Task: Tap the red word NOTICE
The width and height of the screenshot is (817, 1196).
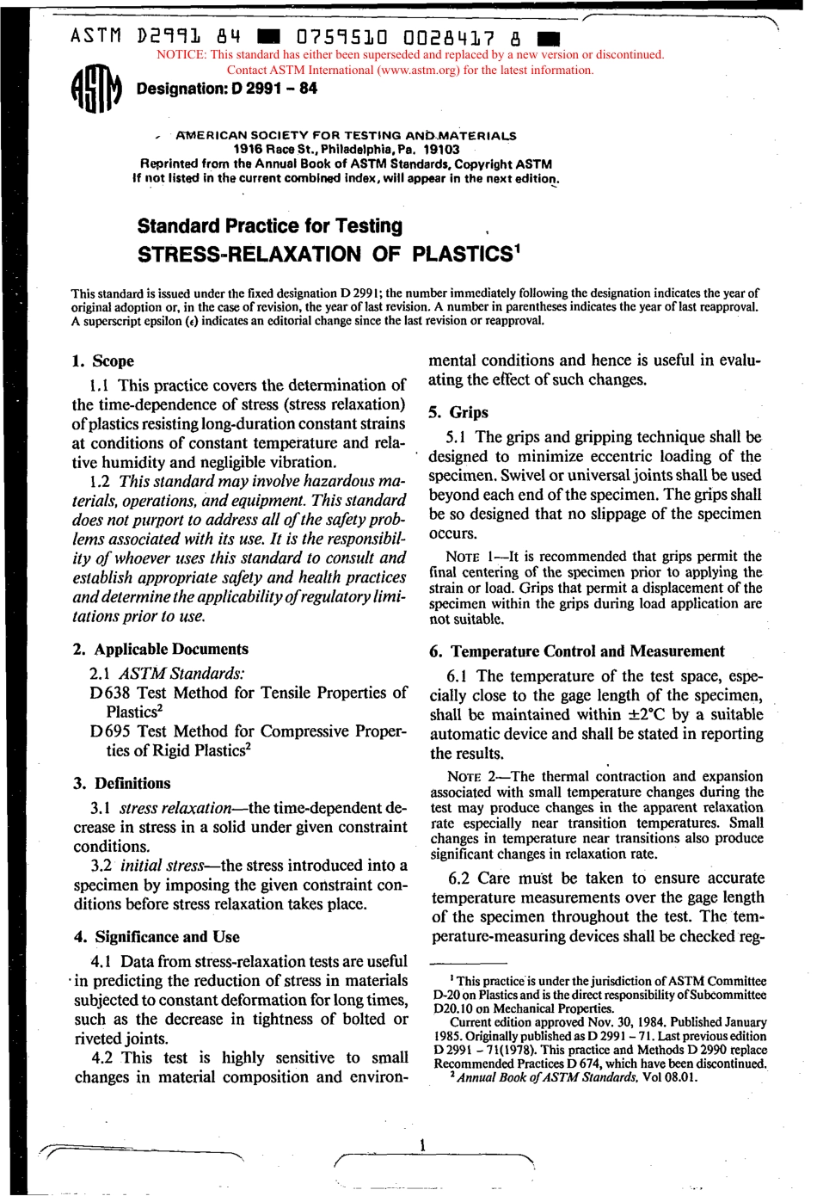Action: pyautogui.click(x=178, y=55)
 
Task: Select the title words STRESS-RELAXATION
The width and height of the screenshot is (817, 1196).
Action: pyautogui.click(x=249, y=255)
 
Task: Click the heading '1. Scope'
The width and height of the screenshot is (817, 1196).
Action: pyautogui.click(x=103, y=361)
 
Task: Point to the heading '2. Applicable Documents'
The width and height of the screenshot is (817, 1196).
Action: pyautogui.click(x=161, y=650)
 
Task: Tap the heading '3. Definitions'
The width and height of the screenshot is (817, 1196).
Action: pyautogui.click(x=122, y=784)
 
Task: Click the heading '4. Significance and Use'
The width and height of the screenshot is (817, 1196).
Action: pyautogui.click(x=157, y=937)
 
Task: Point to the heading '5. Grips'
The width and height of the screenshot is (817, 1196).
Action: pyautogui.click(x=458, y=412)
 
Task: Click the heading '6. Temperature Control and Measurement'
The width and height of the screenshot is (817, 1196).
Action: pyautogui.click(x=577, y=651)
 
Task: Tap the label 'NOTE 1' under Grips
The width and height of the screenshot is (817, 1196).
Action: pyautogui.click(x=472, y=558)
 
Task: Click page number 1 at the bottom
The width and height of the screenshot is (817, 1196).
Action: pyautogui.click(x=422, y=1144)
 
